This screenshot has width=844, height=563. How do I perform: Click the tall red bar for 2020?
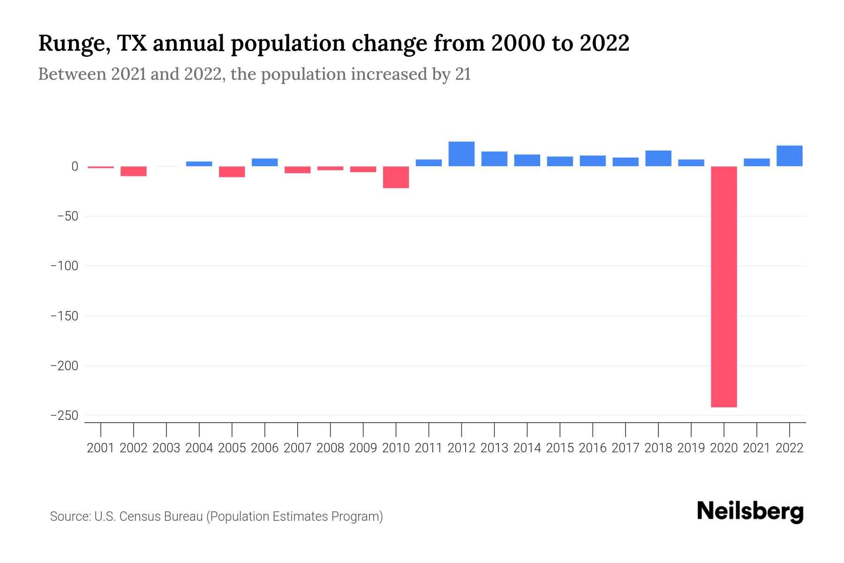[724, 286]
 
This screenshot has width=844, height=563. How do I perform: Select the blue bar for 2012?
[461, 154]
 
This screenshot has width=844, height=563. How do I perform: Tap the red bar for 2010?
[396, 177]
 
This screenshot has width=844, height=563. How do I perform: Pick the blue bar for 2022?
[790, 156]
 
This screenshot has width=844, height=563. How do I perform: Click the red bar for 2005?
[232, 172]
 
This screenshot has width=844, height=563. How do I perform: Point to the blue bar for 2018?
[658, 159]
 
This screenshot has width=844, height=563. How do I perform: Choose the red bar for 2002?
[134, 171]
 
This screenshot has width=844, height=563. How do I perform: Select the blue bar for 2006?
[265, 162]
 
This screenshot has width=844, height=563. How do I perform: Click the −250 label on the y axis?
[68, 416]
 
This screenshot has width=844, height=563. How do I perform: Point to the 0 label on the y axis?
[75, 167]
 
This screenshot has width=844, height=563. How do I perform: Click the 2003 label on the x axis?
[166, 448]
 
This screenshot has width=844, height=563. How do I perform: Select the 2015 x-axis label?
[560, 448]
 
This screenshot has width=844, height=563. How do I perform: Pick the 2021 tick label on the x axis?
[757, 448]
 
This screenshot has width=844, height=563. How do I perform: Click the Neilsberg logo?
[750, 511]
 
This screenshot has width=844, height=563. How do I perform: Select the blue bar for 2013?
[494, 159]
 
